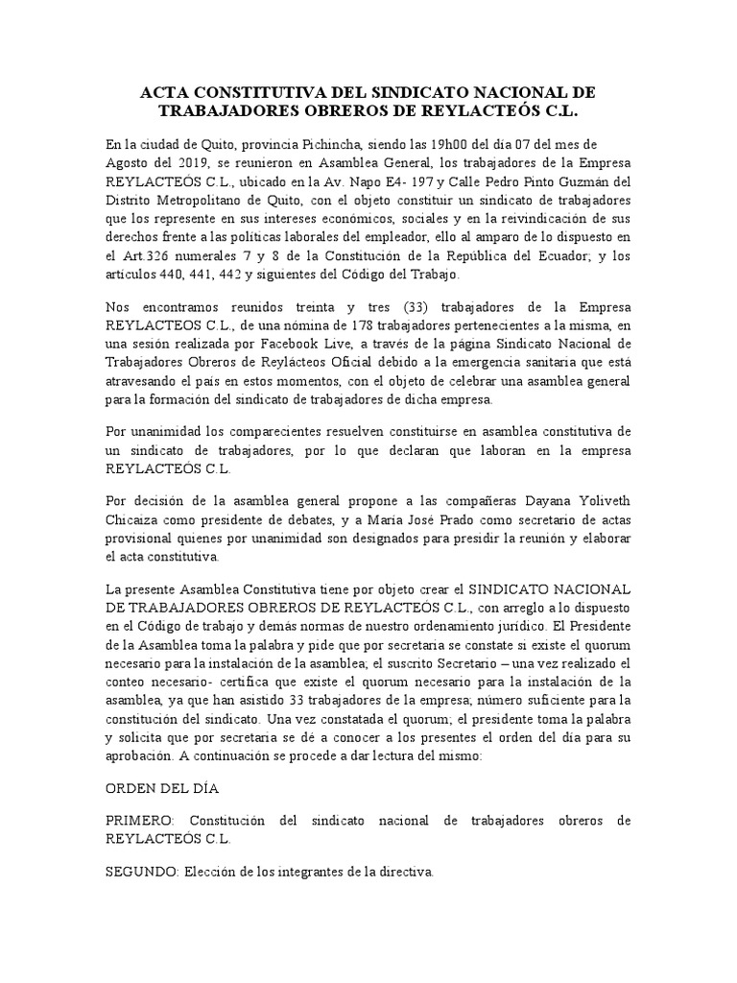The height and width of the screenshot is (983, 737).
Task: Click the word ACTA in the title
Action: pos(165,92)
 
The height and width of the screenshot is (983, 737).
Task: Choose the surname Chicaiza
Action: pos(132,521)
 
